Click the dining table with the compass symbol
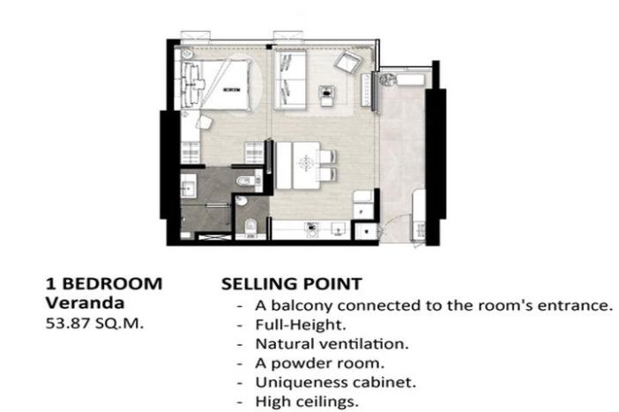coord(305,163)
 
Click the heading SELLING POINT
coord(290,284)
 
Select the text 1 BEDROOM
coord(104,284)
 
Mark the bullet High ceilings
coord(298,401)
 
